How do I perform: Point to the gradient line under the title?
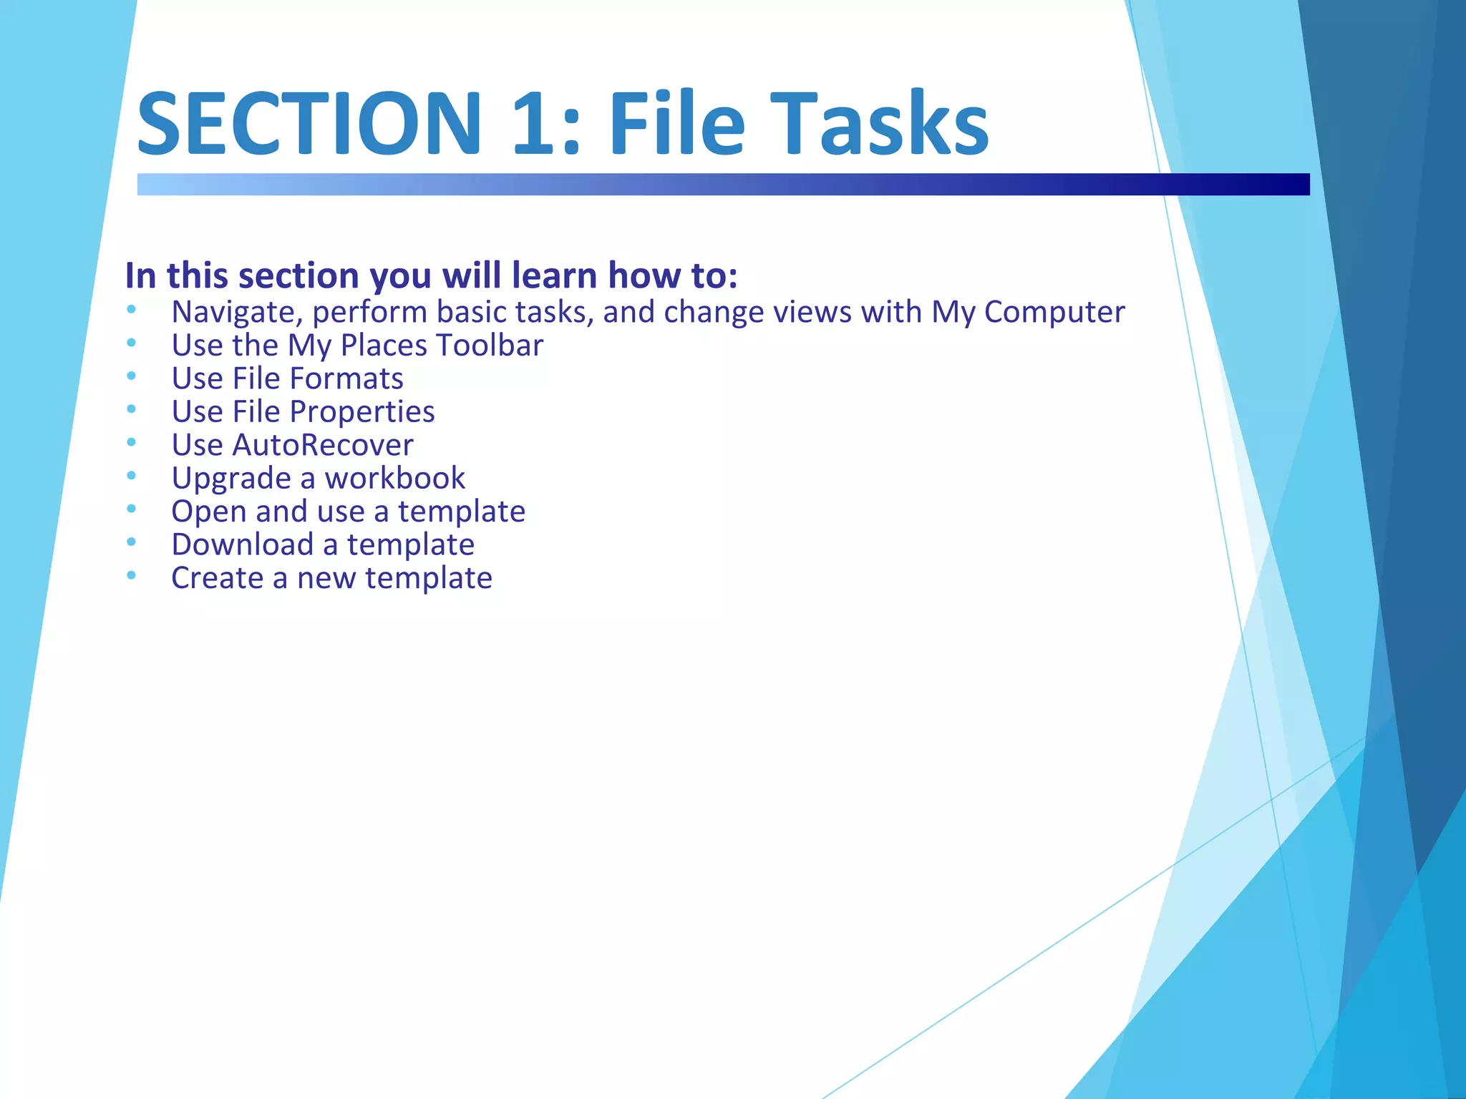723,184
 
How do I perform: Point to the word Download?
243,544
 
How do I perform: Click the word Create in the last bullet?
217,578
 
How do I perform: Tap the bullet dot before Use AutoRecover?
131,442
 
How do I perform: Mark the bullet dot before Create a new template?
131,575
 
